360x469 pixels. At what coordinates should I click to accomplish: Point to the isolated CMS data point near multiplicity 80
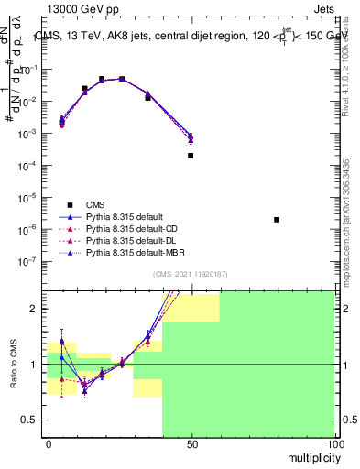click(x=277, y=220)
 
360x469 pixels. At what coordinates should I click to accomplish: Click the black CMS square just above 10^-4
click(x=191, y=156)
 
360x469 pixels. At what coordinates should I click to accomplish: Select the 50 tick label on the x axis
click(x=191, y=443)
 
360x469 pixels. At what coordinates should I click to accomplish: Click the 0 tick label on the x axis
click(x=49, y=443)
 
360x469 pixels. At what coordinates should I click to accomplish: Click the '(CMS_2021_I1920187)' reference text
click(x=191, y=273)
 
